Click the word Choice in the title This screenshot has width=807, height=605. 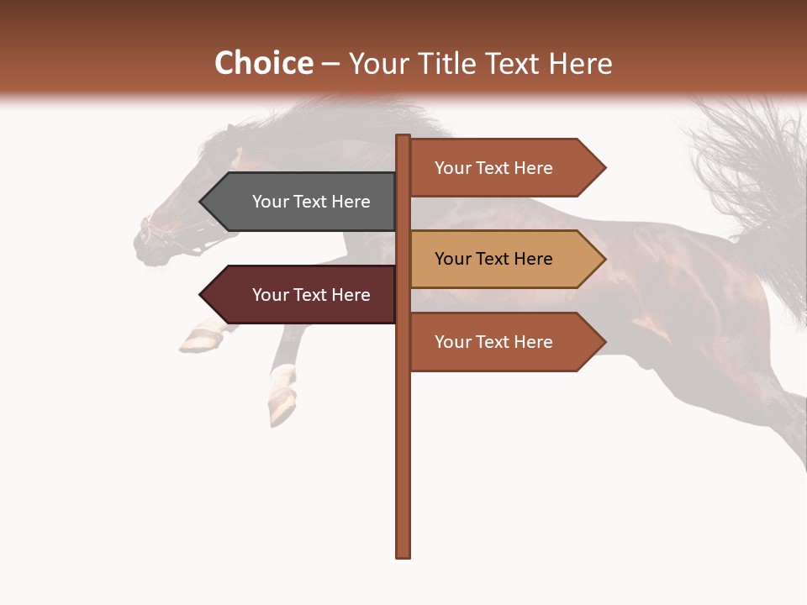[263, 64]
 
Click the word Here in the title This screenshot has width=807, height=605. [579, 64]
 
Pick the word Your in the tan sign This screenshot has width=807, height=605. [452, 259]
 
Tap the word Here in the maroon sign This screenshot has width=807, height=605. [351, 295]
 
